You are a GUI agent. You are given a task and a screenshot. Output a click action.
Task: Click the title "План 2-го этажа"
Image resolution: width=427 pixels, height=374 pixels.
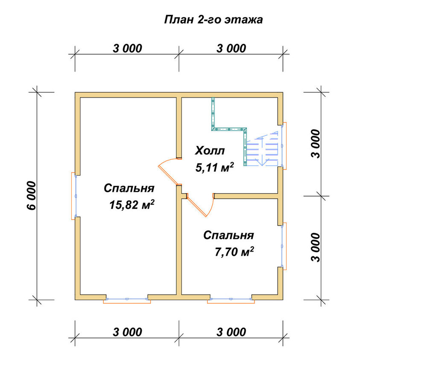pyautogui.click(x=213, y=20)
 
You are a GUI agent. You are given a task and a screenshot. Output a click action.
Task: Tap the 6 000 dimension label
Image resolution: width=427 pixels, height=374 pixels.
pyautogui.click(x=32, y=196)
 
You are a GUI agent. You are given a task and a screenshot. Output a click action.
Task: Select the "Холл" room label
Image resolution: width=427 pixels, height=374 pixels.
pyautogui.click(x=210, y=151)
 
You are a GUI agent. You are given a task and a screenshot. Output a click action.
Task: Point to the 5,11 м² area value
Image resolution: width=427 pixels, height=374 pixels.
pyautogui.click(x=215, y=168)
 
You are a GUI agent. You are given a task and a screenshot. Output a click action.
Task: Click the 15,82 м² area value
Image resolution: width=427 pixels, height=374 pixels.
pyautogui.click(x=132, y=205)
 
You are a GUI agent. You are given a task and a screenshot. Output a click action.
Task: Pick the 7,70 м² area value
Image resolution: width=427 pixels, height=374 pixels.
pyautogui.click(x=234, y=252)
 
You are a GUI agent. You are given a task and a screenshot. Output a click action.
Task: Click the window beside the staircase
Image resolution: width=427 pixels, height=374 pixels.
pyautogui.click(x=283, y=146)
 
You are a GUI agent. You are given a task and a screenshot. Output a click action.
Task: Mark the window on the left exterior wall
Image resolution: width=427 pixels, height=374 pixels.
pyautogui.click(x=74, y=196)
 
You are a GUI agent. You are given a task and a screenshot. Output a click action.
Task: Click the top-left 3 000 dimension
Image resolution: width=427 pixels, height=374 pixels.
pyautogui.click(x=127, y=49)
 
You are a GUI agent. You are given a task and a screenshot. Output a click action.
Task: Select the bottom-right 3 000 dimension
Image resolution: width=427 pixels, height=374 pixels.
pyautogui.click(x=231, y=332)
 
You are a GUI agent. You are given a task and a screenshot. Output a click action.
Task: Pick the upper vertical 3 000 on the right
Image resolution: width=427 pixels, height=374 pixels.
pyautogui.click(x=316, y=144)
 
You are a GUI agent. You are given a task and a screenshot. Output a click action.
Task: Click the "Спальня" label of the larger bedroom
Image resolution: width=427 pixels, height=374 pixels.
pyautogui.click(x=129, y=188)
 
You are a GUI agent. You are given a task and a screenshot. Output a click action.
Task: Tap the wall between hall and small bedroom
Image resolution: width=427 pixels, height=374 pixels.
pyautogui.click(x=246, y=196)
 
